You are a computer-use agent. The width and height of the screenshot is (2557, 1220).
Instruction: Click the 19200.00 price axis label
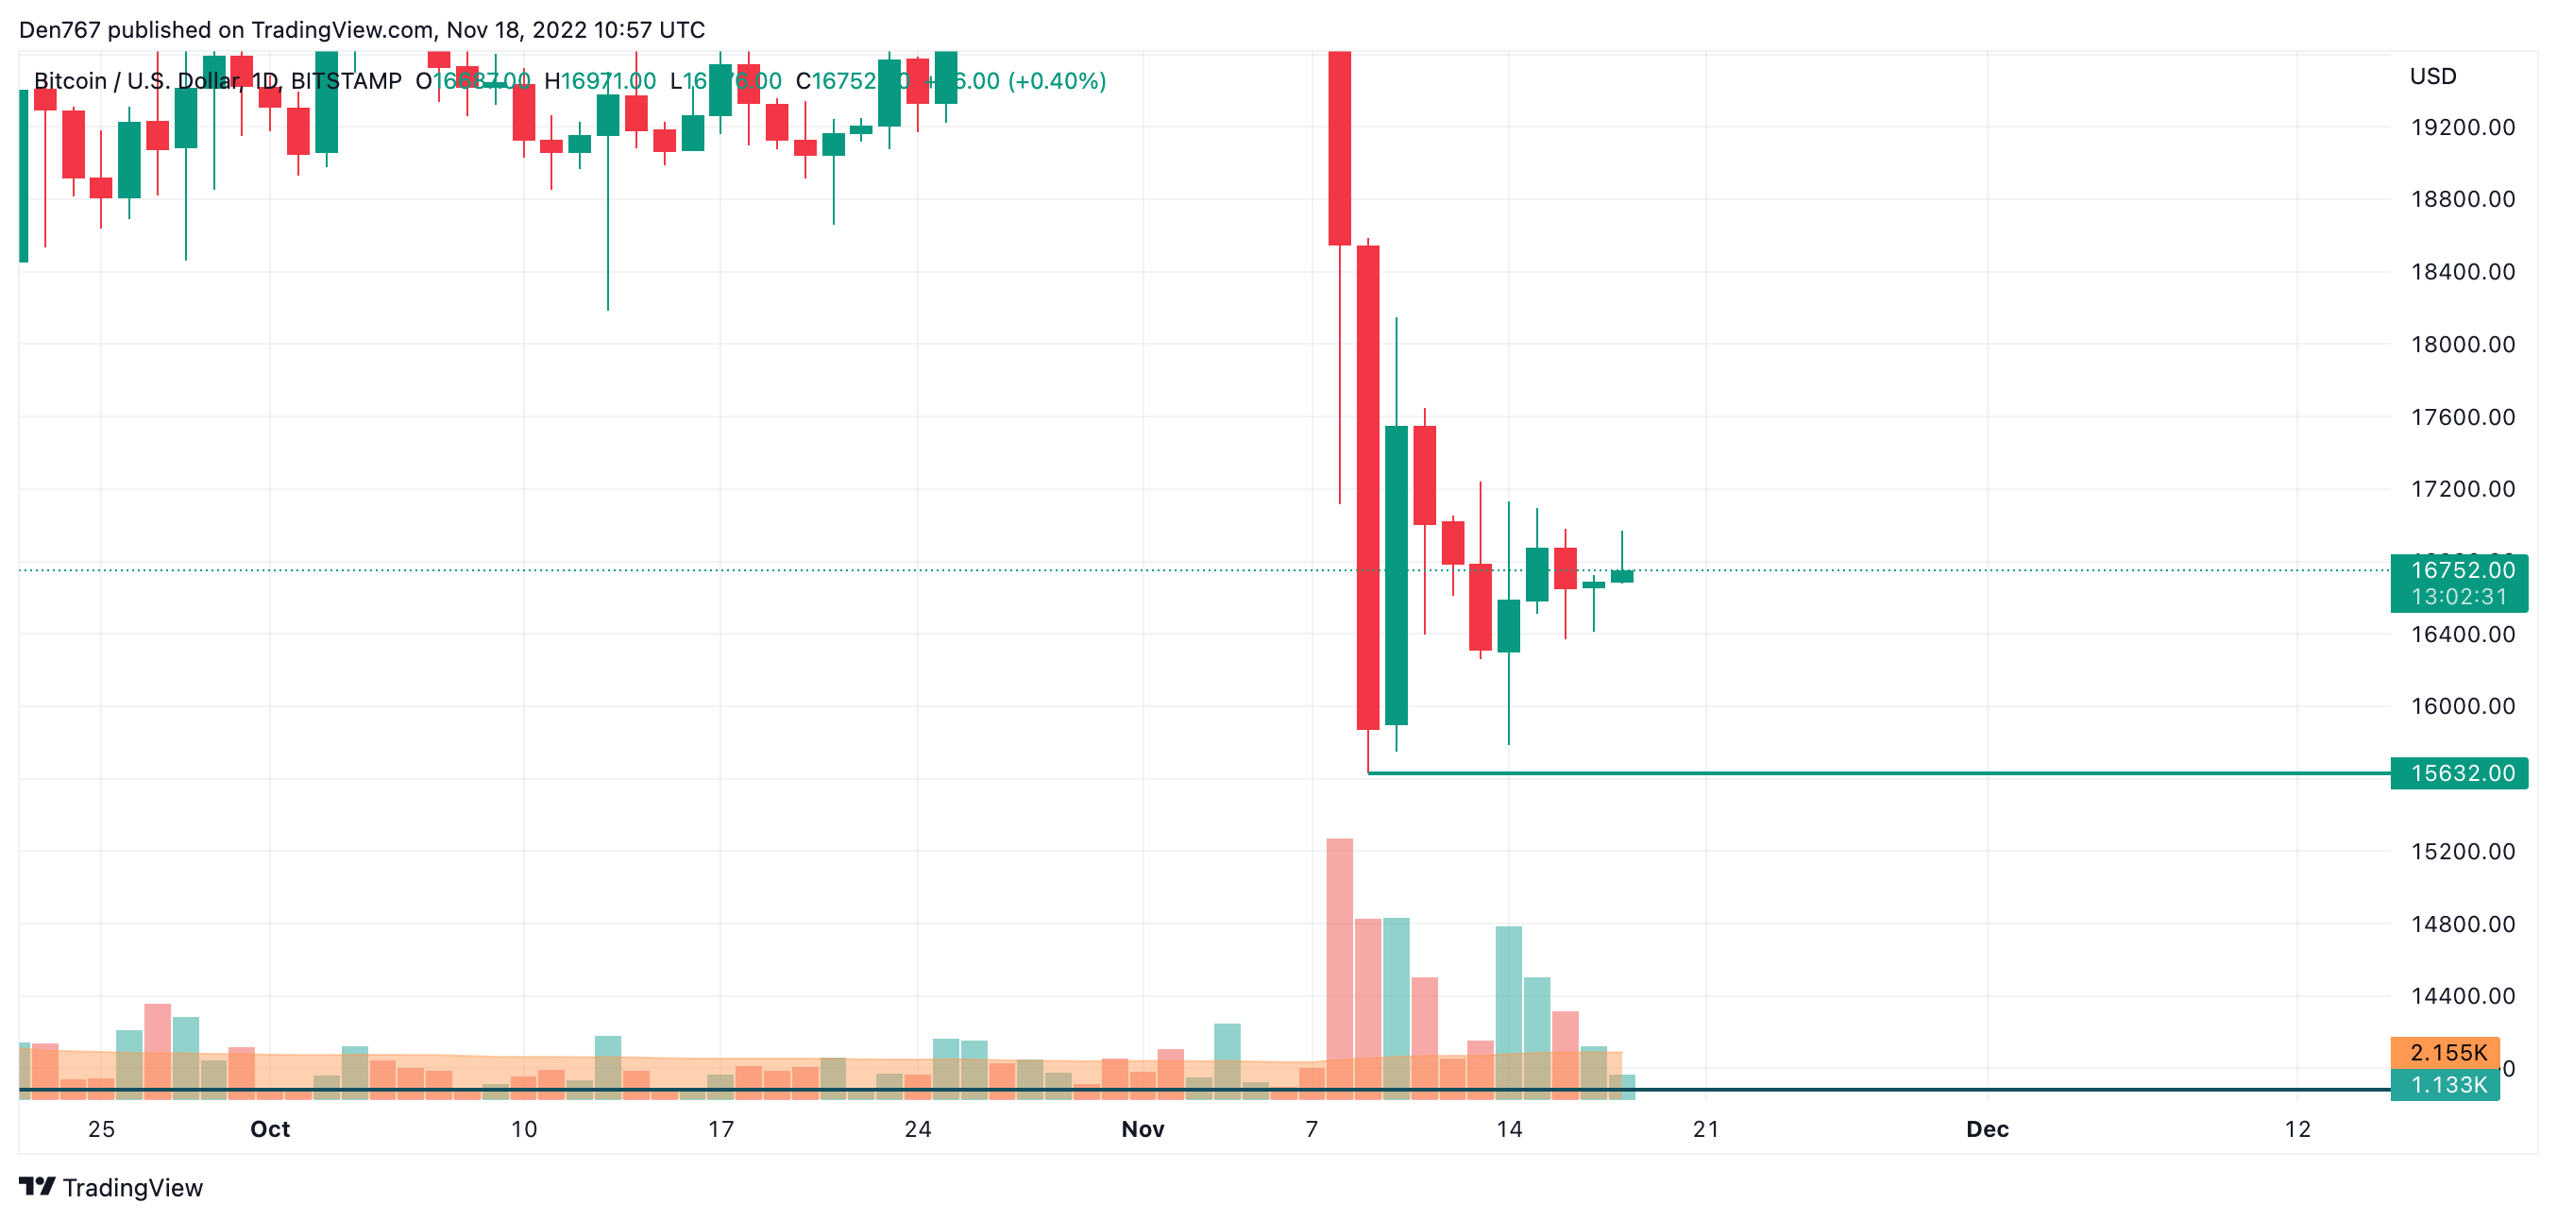(2462, 127)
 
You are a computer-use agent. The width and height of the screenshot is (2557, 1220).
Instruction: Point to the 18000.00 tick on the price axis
(2462, 345)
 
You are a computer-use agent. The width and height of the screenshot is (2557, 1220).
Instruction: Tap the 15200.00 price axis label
(2462, 852)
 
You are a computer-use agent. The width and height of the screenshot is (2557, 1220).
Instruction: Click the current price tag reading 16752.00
(2462, 570)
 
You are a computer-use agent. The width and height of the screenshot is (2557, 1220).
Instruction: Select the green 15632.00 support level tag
(2462, 773)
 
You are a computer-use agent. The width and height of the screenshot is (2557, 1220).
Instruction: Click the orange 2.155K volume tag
(2447, 1053)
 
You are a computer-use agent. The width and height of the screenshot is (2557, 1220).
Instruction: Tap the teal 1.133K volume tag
(2447, 1085)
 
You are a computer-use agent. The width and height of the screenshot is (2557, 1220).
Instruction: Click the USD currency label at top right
(2433, 76)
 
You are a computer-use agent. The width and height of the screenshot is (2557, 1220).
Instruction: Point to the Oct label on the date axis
(270, 1129)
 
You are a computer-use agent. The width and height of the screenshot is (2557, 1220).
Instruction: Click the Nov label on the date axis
(1143, 1129)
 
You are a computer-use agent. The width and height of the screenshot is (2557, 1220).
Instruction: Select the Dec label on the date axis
(1988, 1129)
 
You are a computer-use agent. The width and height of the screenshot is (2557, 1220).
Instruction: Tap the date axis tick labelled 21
(1705, 1129)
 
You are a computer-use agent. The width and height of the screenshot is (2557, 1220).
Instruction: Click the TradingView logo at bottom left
(111, 1188)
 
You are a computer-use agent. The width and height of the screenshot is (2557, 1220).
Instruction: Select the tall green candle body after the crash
(1396, 576)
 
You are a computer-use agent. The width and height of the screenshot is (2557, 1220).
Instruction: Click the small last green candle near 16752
(1622, 577)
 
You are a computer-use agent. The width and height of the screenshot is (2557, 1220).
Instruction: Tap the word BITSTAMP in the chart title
(346, 81)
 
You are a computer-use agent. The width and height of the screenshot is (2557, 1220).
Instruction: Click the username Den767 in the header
(59, 30)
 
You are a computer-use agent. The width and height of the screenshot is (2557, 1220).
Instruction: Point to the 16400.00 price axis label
(2462, 635)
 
